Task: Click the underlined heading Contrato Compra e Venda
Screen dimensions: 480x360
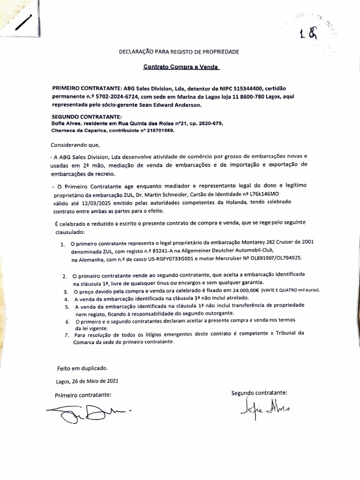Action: tap(181, 67)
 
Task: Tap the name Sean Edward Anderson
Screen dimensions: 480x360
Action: tap(167, 105)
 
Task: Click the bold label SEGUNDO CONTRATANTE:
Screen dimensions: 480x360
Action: tap(87, 117)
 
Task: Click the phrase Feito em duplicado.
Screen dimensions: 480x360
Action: tap(82, 368)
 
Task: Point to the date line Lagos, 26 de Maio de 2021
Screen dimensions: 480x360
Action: tap(87, 381)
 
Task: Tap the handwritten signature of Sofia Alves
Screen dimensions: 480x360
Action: tap(264, 407)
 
